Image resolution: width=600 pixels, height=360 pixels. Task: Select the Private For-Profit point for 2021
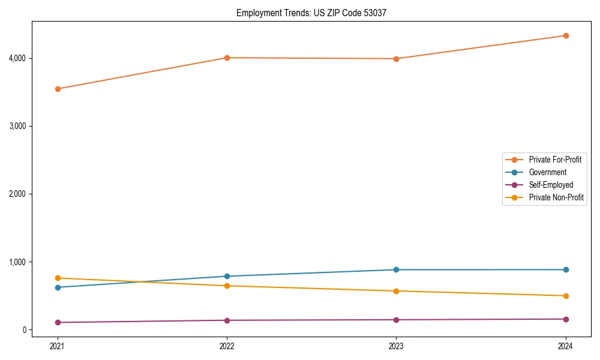tap(58, 89)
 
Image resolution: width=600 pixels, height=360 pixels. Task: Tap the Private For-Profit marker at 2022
tap(227, 58)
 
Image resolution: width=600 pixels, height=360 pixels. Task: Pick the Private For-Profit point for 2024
tap(566, 35)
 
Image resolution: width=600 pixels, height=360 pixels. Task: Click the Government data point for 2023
tap(396, 269)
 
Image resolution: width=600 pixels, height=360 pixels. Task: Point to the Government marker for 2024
tap(566, 269)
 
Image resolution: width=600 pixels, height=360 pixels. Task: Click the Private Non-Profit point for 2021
tap(58, 278)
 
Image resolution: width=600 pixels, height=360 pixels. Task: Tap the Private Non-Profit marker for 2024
tap(566, 296)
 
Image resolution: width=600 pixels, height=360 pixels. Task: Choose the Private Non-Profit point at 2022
tap(227, 286)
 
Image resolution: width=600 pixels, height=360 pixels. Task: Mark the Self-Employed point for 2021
tap(58, 322)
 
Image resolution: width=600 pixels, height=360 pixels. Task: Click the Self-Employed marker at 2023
tap(396, 320)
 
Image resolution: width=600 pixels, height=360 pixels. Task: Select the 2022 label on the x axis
tap(227, 346)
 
